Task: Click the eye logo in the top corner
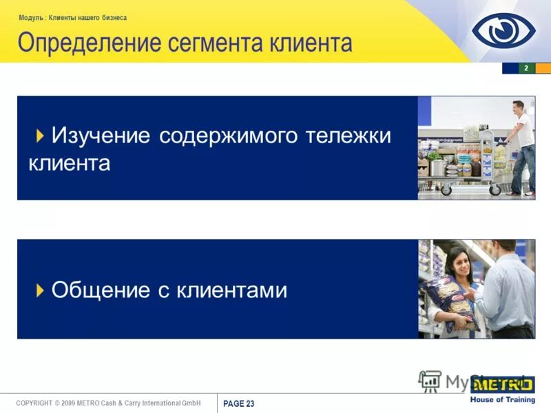pos(503,30)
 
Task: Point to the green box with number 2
pos(526,68)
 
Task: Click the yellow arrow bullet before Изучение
pos(41,134)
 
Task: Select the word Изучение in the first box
pos(101,136)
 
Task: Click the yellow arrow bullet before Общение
pos(41,289)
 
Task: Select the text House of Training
pos(502,400)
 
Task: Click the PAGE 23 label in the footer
pos(239,404)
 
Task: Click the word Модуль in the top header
pos(32,18)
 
